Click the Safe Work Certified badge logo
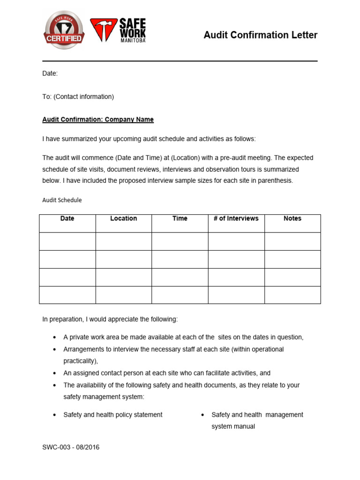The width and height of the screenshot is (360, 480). pyautogui.click(x=64, y=30)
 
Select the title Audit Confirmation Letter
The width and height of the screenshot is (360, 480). pyautogui.click(x=260, y=35)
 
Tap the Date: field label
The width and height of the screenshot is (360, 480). pyautogui.click(x=50, y=74)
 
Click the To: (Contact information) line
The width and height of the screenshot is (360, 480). pyautogui.click(x=78, y=97)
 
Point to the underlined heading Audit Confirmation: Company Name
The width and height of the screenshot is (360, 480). pyautogui.click(x=98, y=120)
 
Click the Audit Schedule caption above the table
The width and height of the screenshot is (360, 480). pyautogui.click(x=62, y=200)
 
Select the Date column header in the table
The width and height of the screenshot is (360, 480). pyautogui.click(x=67, y=218)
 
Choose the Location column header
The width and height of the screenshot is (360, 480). pyautogui.click(x=124, y=218)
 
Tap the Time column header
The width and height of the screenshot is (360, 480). pyautogui.click(x=180, y=218)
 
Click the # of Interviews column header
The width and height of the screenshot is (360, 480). pyautogui.click(x=236, y=218)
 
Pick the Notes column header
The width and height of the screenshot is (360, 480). pyautogui.click(x=292, y=218)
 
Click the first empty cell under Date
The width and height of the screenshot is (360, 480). pyautogui.click(x=67, y=241)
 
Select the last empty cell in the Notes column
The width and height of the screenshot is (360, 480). pyautogui.click(x=292, y=295)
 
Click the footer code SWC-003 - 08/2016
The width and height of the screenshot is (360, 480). pyautogui.click(x=71, y=447)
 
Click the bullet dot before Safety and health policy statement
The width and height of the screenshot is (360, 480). pyautogui.click(x=55, y=415)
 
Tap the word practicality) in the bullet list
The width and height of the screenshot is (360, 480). pyautogui.click(x=80, y=361)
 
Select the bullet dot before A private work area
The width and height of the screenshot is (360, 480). pyautogui.click(x=55, y=337)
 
